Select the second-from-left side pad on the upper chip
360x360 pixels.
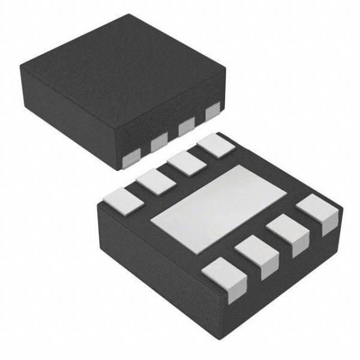click(x=160, y=142)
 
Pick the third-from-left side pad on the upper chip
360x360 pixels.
click(x=187, y=126)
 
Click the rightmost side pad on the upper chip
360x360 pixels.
click(x=212, y=112)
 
